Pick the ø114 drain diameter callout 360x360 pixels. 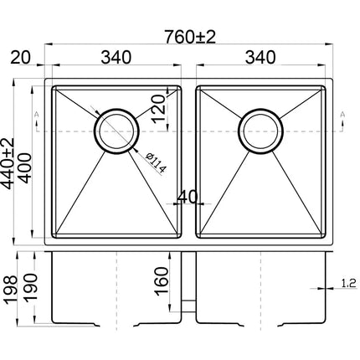click(x=158, y=159)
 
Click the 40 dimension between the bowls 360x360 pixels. click(x=188, y=197)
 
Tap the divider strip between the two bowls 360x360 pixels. click(x=190, y=159)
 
